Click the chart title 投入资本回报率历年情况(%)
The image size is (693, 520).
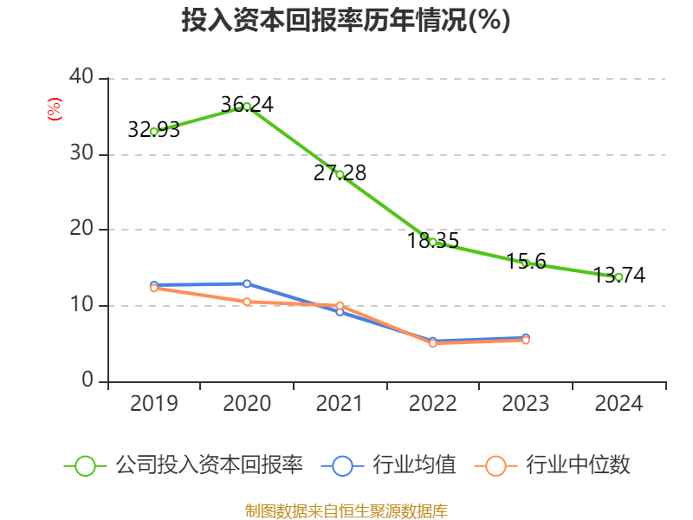point(346,20)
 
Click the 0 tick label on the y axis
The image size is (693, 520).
point(87,380)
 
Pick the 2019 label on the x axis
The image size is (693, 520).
point(153,404)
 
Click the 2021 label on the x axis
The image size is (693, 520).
point(340,404)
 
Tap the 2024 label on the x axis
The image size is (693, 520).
point(619,404)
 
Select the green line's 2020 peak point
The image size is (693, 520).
point(247,107)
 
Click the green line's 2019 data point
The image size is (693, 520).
point(153,132)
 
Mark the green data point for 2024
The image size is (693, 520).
point(619,277)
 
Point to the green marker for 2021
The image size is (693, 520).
point(340,174)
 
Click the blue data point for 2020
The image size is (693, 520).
point(247,283)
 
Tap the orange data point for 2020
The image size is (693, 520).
point(247,302)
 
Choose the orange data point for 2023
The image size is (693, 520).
point(526,340)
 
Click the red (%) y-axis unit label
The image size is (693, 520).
point(54,110)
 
